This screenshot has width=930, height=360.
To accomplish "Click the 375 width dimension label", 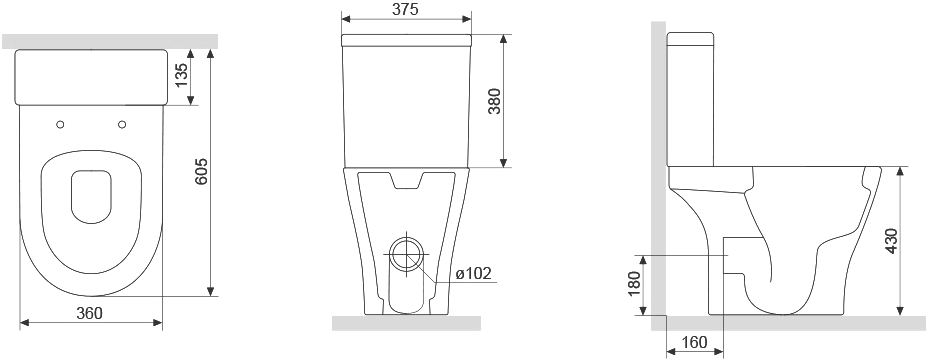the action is coord(405,9).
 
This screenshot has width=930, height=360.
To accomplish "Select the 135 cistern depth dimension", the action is coord(181,75).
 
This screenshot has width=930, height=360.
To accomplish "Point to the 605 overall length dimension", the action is coord(202,171).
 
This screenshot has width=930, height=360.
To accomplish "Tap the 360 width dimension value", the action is coord(90,313).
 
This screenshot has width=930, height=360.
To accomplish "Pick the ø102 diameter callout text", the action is coord(474,273).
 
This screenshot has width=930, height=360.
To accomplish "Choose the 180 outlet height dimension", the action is coord(634,284).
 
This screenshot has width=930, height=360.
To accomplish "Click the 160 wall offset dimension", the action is coord(694,343).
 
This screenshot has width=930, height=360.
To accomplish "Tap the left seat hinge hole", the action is coord(60,124).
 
